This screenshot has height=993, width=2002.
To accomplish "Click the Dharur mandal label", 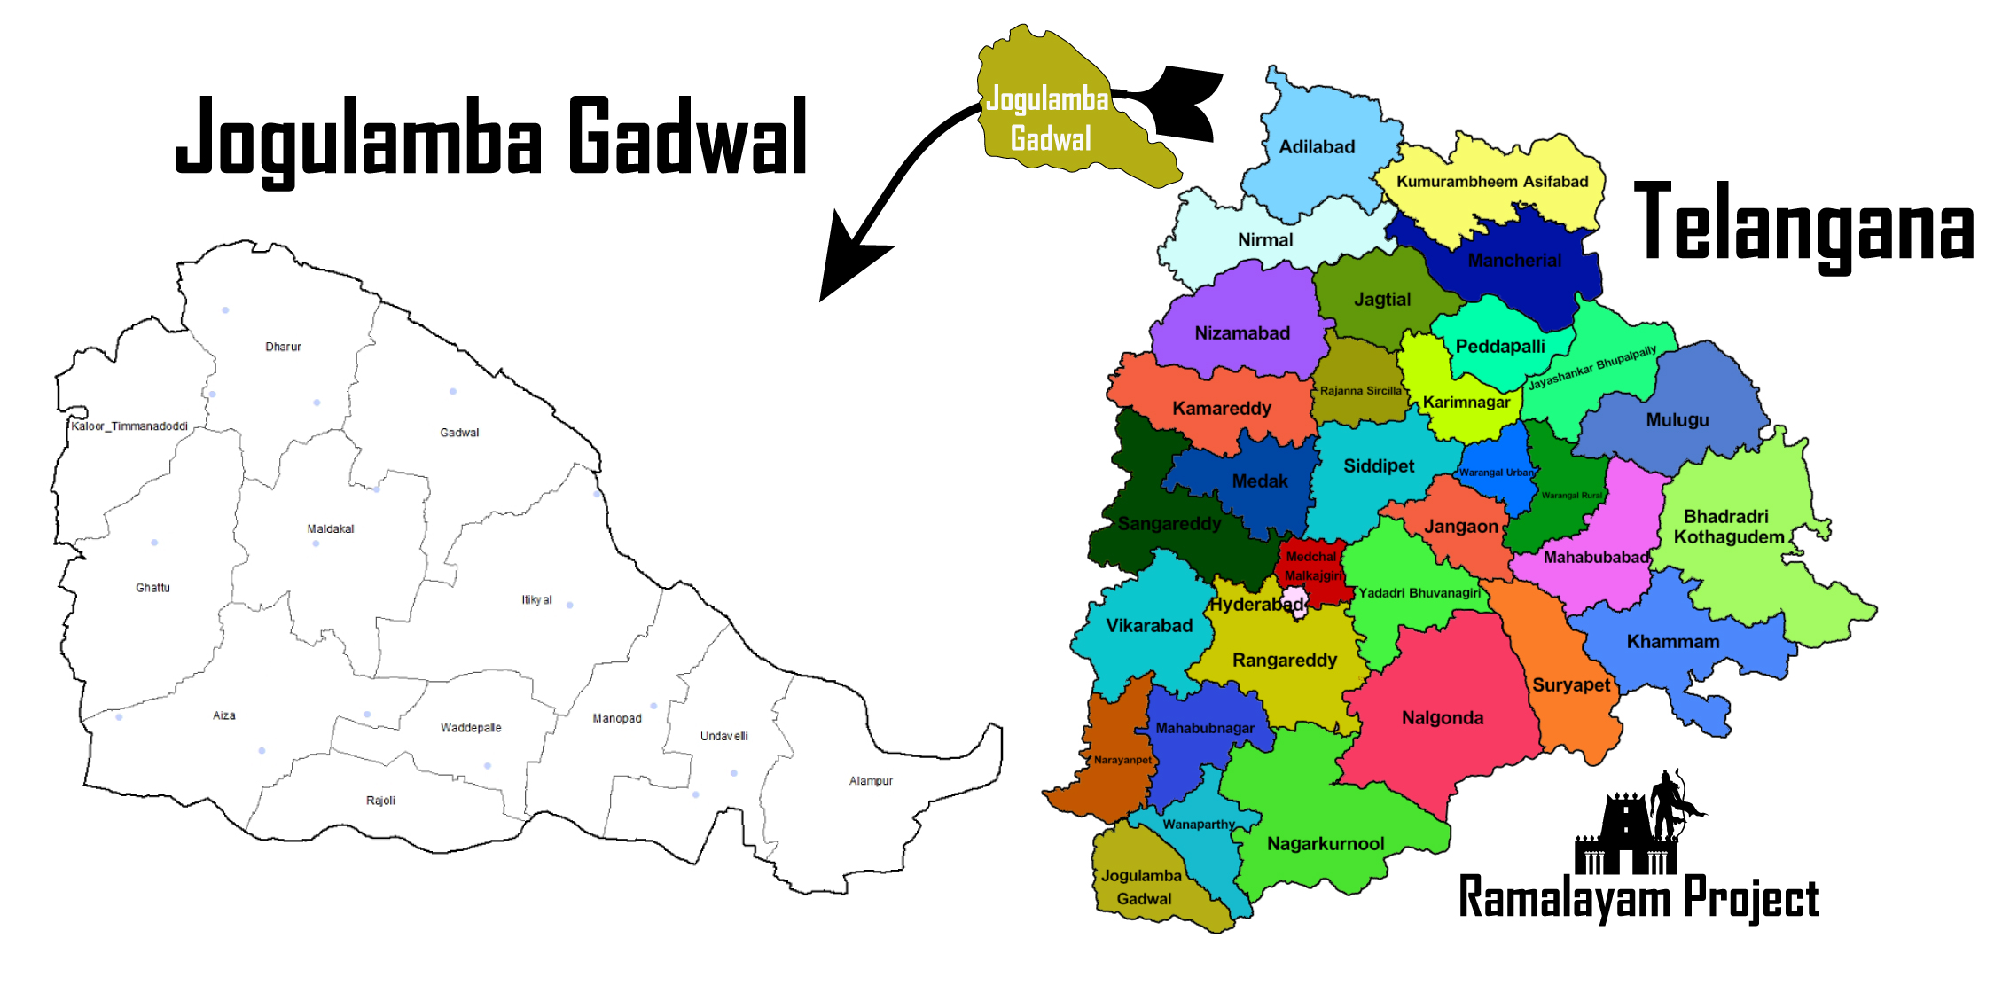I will click(x=283, y=347).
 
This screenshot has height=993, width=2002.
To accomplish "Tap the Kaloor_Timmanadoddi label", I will click(x=129, y=426).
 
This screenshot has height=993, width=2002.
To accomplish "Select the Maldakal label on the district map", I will click(x=330, y=529).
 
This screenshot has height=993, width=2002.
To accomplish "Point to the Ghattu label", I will click(x=152, y=588).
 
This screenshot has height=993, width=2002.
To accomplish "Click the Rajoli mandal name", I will click(x=380, y=801).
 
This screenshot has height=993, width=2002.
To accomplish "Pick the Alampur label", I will click(x=871, y=781).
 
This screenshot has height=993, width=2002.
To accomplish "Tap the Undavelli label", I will click(x=723, y=736).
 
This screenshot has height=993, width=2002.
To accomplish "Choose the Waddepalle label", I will click(x=471, y=728).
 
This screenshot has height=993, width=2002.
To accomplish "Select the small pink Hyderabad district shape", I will click(x=1295, y=600).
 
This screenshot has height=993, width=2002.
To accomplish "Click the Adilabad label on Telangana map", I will click(x=1317, y=147).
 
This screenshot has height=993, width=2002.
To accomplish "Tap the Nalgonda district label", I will click(x=1443, y=718).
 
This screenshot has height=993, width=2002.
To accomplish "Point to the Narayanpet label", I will click(x=1122, y=760).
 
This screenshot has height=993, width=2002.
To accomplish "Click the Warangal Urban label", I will click(x=1497, y=473).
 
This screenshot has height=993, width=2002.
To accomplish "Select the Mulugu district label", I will click(x=1677, y=420).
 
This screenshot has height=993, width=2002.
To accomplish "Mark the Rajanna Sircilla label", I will click(x=1360, y=391).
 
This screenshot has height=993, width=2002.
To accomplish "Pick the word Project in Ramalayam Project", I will click(x=1751, y=897).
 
